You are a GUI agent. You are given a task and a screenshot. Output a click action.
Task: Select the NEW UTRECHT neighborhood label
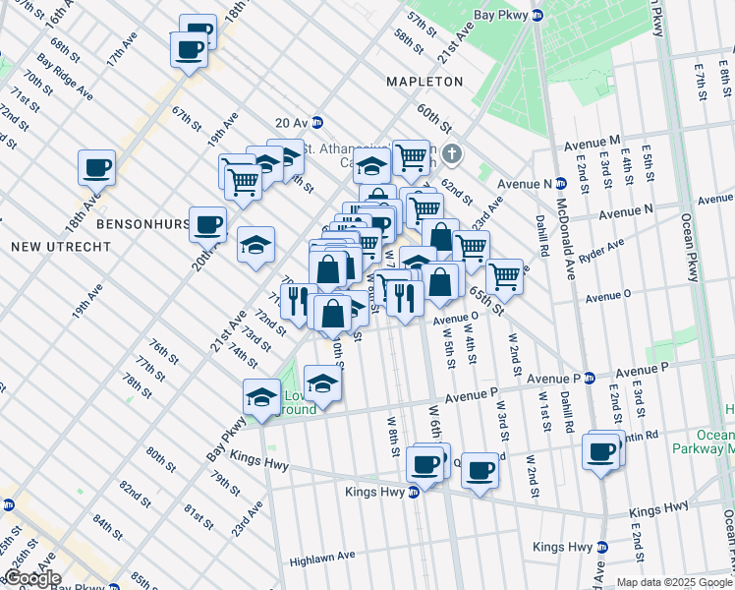(61, 246)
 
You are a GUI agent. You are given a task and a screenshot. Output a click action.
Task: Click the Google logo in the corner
(31, 578)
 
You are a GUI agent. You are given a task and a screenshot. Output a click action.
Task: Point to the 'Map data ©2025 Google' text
(673, 582)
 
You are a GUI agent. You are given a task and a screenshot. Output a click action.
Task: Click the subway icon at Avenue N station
(561, 183)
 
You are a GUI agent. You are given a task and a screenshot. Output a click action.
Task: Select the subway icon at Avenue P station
(590, 378)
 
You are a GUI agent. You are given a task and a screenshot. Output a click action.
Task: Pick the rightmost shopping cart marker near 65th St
(504, 276)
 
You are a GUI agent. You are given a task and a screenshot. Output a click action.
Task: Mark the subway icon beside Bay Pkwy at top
(537, 15)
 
